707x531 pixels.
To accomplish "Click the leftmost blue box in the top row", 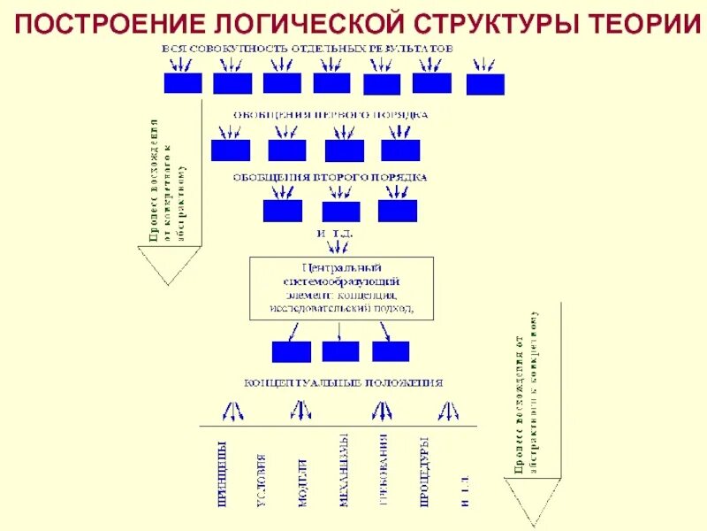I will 183,83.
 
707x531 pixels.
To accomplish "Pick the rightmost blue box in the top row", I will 485,85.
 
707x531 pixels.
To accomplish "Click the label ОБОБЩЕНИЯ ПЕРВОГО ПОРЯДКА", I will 331,114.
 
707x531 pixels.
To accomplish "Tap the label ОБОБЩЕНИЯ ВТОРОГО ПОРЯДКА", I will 330,177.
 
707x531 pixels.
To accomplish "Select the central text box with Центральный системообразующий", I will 342,288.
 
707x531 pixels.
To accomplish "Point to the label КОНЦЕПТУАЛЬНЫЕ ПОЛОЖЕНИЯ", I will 344,383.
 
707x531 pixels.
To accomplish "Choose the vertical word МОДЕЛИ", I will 302,482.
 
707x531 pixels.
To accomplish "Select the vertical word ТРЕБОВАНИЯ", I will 384,473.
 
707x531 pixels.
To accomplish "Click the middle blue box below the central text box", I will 340,350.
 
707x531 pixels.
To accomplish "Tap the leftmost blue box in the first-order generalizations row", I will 231,150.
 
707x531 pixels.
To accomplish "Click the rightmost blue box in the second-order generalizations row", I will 397,211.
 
